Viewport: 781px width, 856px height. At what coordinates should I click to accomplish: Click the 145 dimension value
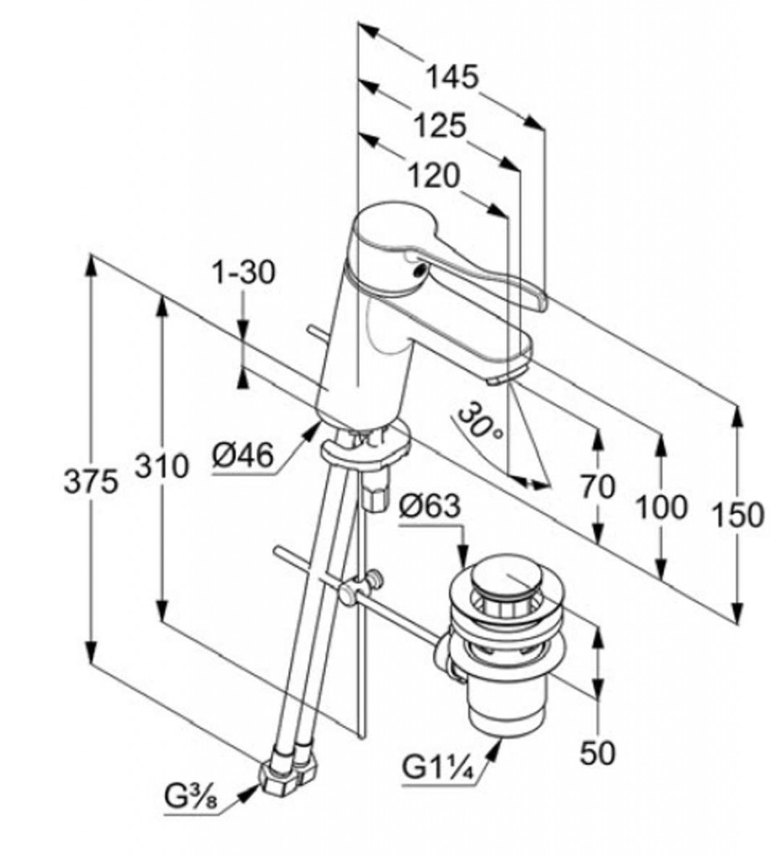tap(452, 78)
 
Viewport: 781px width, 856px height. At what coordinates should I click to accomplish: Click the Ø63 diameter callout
tap(429, 507)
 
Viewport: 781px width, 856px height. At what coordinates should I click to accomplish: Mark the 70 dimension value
tap(598, 486)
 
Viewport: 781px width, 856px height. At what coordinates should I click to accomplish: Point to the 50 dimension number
tap(598, 752)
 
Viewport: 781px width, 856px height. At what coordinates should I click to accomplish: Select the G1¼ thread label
tap(438, 766)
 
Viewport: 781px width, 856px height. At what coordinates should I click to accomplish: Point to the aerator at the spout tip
tap(499, 379)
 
